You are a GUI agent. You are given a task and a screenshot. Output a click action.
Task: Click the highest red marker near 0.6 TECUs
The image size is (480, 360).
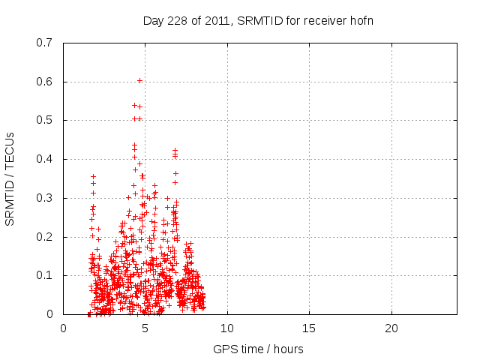pos(139,80)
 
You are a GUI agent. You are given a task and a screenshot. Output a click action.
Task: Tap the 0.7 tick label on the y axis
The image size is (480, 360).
pos(44,43)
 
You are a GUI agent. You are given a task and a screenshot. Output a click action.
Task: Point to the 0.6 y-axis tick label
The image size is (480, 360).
pos(44,82)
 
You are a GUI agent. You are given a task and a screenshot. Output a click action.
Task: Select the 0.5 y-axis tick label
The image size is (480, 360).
pos(44,120)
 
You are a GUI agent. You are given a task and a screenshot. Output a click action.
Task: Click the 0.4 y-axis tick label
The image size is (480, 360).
pos(44,159)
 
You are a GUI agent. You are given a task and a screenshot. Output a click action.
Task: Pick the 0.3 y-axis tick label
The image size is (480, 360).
pos(44,198)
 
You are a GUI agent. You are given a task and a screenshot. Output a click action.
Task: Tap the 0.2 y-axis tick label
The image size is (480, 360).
pos(44,237)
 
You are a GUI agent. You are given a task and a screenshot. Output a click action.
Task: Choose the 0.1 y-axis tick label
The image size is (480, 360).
pos(44,275)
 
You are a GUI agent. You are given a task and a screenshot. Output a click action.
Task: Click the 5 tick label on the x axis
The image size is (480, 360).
pos(145,328)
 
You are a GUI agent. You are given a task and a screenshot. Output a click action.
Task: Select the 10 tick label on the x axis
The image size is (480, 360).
pos(227,328)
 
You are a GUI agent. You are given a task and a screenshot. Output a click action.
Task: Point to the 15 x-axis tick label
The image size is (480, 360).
pos(309,328)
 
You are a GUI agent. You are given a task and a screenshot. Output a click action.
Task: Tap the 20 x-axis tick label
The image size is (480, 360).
pos(391,328)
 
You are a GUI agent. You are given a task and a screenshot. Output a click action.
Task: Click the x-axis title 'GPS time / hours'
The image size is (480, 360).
pos(258,349)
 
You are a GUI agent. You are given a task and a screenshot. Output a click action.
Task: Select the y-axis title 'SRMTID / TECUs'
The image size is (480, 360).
pos(10,178)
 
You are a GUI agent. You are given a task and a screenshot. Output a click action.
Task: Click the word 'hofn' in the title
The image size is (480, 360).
pos(361,20)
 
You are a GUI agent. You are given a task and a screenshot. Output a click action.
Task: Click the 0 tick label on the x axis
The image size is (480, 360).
pos(64,328)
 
